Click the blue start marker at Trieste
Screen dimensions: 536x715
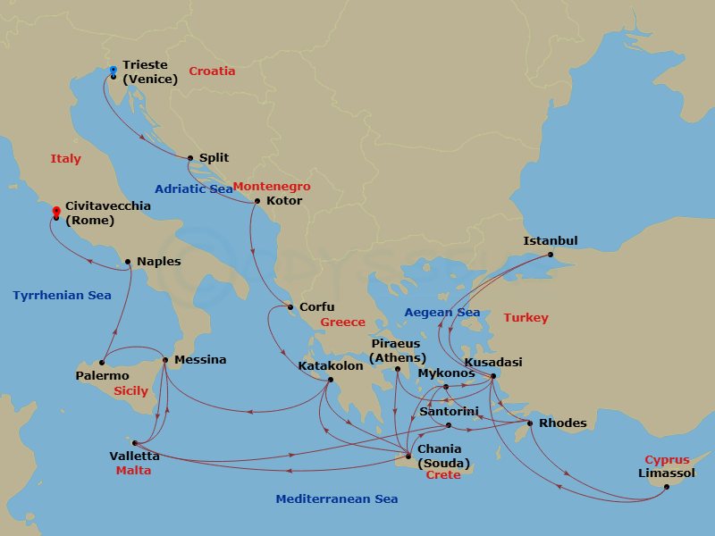113,70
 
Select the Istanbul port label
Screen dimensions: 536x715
551,240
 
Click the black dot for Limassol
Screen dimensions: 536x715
666,487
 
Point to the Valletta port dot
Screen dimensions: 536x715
134,442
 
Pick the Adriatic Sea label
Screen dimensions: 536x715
194,188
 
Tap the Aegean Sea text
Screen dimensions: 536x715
442,312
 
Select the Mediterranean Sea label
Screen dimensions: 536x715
337,498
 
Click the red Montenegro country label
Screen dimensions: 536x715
272,187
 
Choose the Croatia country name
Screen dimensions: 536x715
213,71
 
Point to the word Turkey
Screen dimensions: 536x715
526,317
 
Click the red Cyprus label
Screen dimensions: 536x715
666,459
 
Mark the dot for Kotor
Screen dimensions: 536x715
257,200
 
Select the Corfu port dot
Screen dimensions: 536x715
290,308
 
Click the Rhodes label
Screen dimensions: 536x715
564,423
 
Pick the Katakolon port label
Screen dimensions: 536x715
331,365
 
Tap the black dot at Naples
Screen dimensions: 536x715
128,262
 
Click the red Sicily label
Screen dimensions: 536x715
131,391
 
